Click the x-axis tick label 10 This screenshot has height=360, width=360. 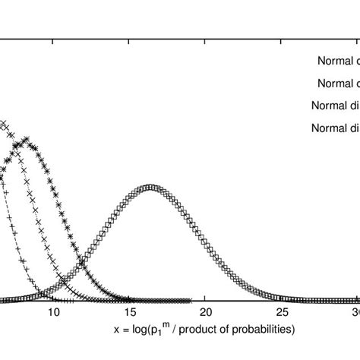coord(54,313)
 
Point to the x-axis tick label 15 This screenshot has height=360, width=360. coord(130,313)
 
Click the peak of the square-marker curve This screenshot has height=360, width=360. coord(150,187)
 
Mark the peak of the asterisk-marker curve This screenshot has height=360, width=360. coord(27,141)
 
